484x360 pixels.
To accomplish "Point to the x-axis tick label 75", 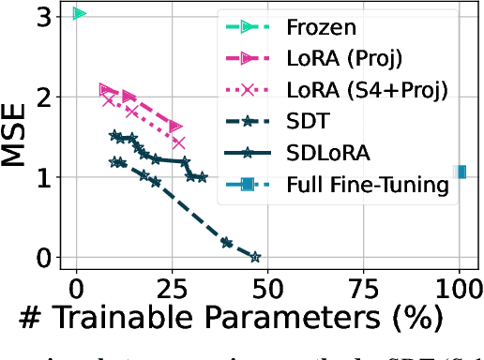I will click(364, 286).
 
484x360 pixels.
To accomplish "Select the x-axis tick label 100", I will click(459, 286).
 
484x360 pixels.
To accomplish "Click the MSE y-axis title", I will click(18, 136).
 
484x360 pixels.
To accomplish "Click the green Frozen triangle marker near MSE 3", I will click(79, 13).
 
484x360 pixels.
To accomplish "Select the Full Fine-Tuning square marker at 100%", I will click(460, 172).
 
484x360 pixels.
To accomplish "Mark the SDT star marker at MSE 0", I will click(254, 256).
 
